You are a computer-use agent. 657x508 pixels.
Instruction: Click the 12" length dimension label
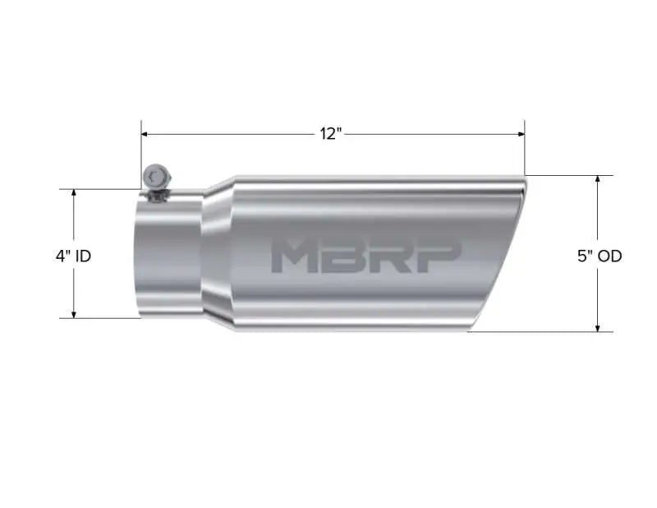331,134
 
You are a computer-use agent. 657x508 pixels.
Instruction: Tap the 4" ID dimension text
73,256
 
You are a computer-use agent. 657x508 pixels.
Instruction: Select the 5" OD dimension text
600,256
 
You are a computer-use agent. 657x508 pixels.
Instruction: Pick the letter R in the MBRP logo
386,256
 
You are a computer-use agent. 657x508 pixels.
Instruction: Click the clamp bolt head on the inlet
154,176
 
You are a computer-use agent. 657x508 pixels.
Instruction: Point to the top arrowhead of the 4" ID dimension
74,194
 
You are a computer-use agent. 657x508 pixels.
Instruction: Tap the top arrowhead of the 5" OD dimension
597,180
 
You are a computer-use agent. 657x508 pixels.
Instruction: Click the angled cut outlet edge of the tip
498,255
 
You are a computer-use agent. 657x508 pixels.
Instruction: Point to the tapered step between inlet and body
218,255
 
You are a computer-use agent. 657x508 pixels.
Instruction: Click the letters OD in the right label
609,256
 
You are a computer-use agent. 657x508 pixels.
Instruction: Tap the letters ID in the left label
83,256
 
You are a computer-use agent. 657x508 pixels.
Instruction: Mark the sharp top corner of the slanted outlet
524,178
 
